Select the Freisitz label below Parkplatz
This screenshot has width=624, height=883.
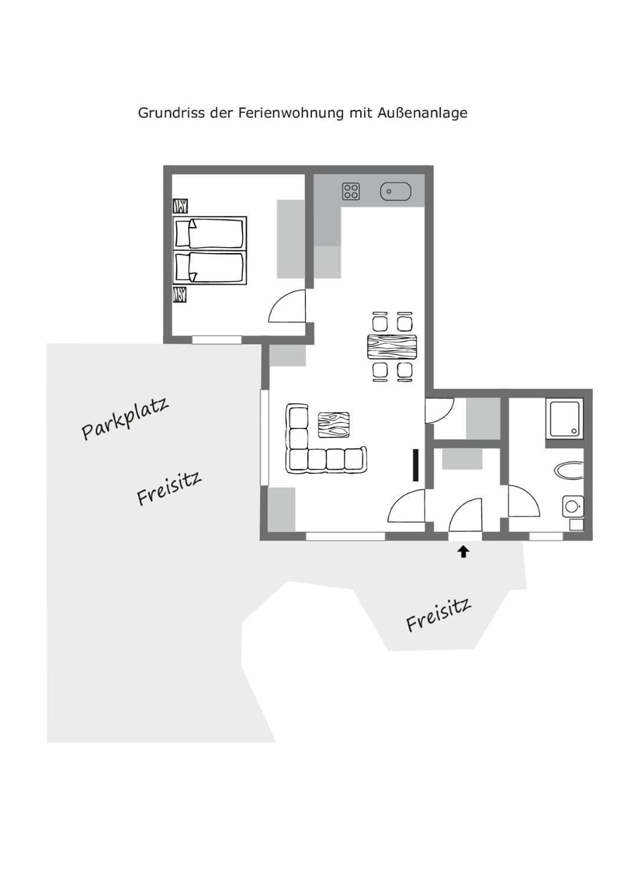169,488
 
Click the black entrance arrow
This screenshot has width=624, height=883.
463,552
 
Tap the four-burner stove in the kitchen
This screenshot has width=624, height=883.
351,191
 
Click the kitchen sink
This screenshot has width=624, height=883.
395,191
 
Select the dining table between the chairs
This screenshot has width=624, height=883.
392,347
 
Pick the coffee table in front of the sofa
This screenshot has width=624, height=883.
333,425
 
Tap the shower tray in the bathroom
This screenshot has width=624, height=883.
565,419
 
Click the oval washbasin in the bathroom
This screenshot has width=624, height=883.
570,470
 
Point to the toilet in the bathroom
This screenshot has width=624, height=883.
572,506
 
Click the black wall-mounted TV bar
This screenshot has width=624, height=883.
415,465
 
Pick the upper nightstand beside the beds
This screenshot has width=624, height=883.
180,206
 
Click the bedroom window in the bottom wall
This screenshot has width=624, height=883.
216,339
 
